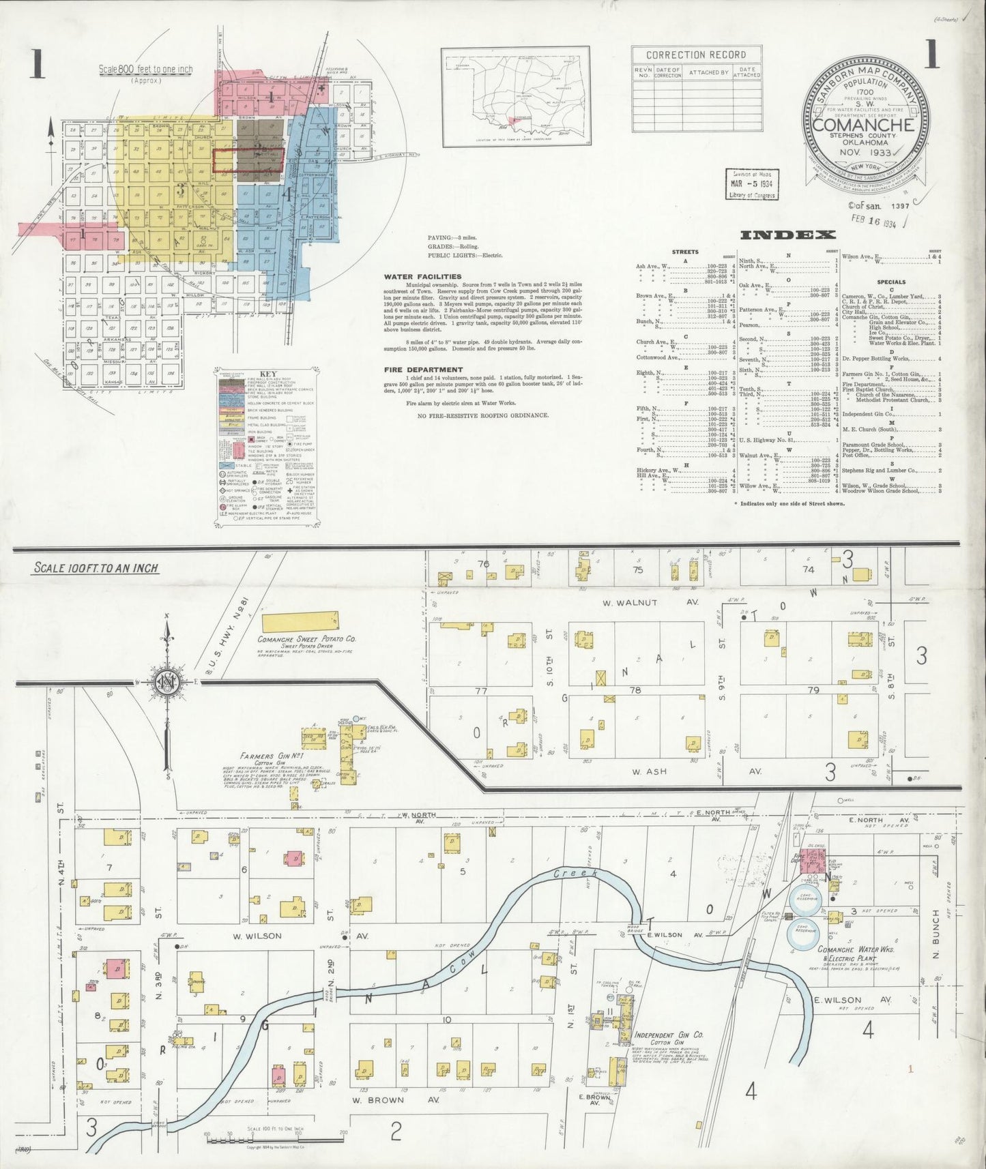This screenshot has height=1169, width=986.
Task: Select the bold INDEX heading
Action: [x=787, y=235]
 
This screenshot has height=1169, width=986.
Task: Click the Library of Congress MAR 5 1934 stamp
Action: [x=749, y=184]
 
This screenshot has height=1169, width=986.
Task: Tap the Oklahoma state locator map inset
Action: [x=516, y=98]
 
